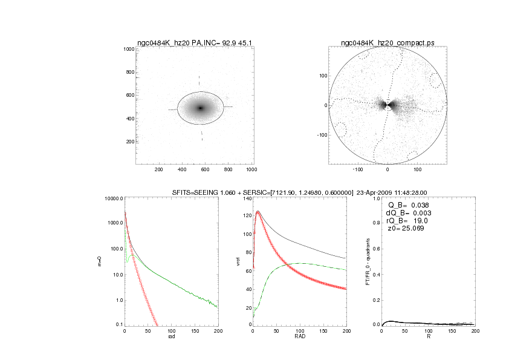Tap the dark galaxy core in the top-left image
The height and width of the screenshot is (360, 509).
pyautogui.click(x=201, y=108)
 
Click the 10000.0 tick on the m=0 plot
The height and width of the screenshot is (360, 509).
pyautogui.click(x=114, y=198)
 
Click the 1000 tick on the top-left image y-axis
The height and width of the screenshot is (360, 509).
pyautogui.click(x=129, y=49)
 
